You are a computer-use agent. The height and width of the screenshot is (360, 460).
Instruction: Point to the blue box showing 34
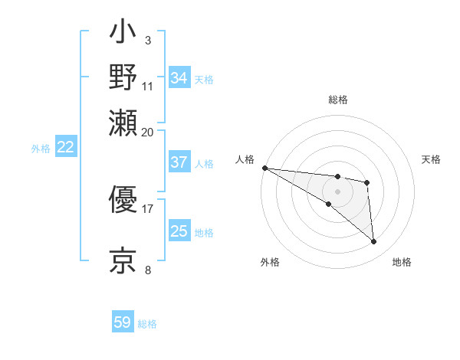(179, 78)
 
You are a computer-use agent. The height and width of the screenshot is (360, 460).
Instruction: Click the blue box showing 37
(179, 162)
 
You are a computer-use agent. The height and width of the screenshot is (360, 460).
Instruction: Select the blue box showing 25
(179, 231)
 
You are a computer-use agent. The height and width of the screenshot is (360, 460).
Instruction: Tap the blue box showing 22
(65, 148)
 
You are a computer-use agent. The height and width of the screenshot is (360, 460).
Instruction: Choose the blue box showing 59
(123, 322)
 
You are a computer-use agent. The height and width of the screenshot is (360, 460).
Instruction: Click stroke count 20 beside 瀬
(147, 132)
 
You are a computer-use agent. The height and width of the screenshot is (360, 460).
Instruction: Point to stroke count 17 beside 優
(147, 207)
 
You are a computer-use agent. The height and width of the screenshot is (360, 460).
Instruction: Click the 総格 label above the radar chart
(338, 100)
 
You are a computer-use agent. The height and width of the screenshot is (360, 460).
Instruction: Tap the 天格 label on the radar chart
(431, 159)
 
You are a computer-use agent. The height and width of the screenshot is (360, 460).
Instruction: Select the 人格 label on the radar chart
(245, 159)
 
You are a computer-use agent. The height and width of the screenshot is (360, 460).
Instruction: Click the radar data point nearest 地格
(373, 242)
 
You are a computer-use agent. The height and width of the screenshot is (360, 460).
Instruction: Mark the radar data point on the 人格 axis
(264, 168)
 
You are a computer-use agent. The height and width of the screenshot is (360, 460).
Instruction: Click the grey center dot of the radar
(337, 191)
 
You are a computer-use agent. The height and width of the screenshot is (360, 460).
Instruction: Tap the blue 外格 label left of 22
(40, 149)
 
